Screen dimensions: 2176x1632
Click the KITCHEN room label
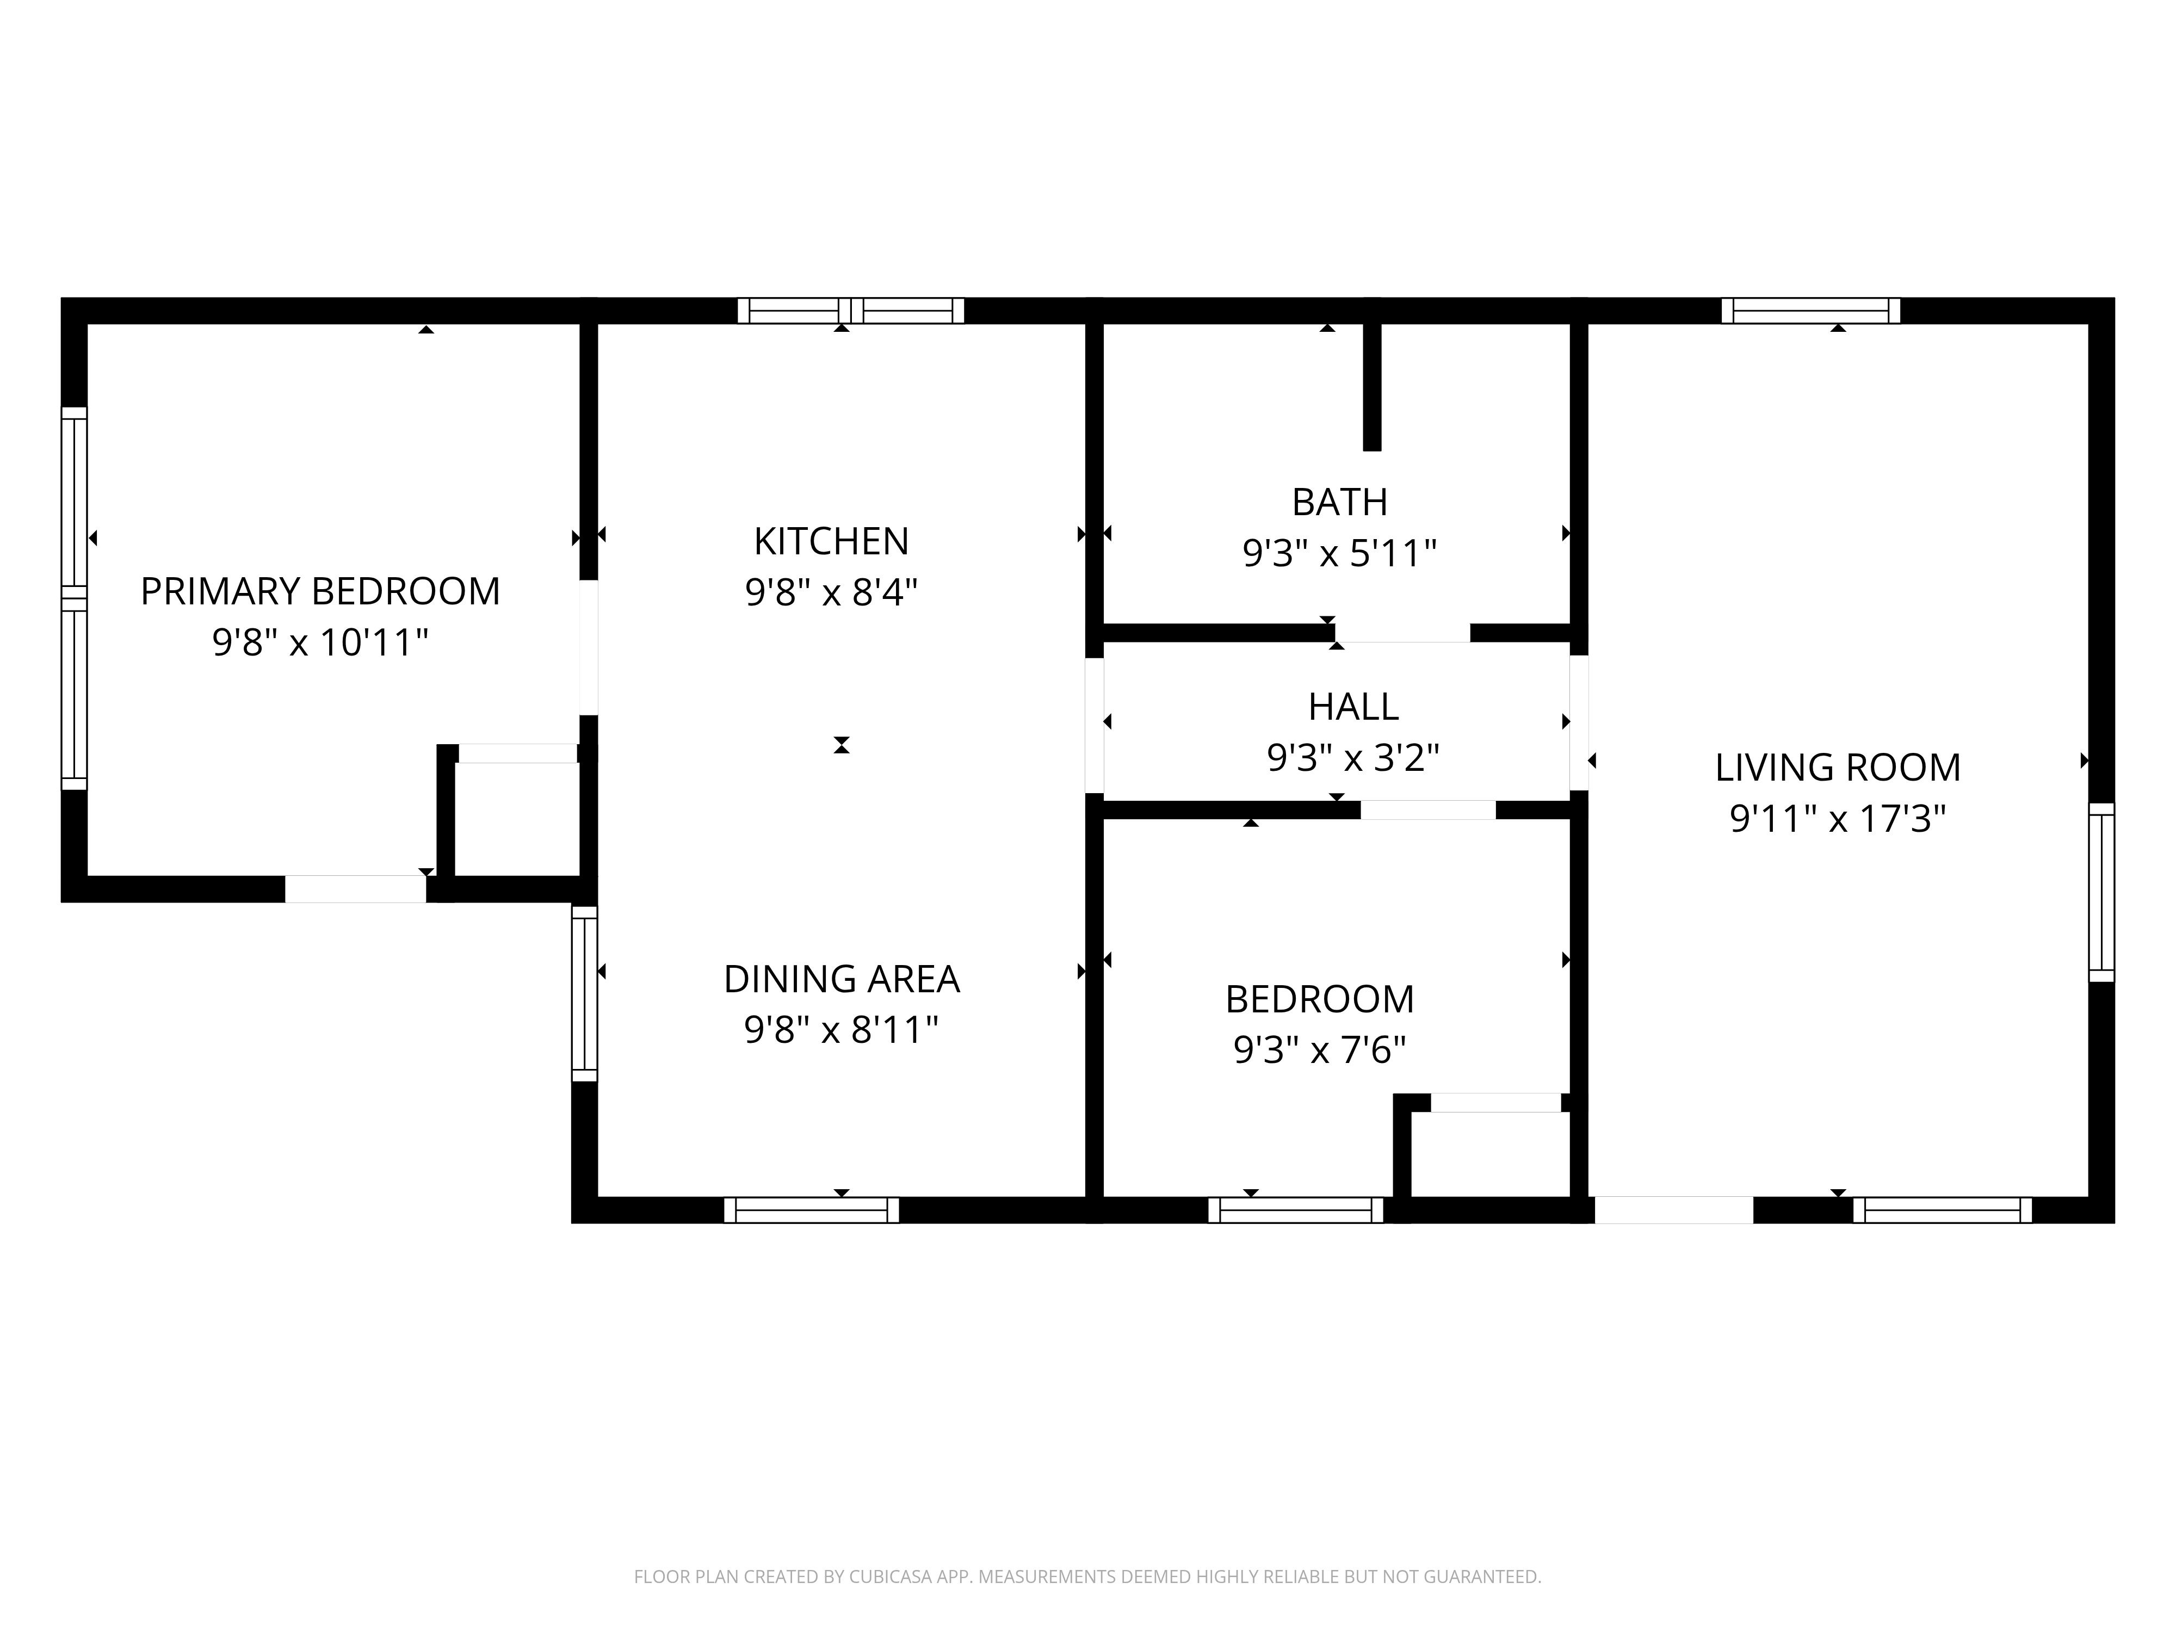[x=831, y=541]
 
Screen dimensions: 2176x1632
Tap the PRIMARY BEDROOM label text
[x=321, y=591]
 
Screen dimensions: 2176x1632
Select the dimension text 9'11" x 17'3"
[x=1838, y=819]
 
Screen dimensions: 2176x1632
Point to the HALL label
[x=1352, y=706]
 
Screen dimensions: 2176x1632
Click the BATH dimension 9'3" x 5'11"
[x=1340, y=554]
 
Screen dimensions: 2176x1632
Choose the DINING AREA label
[x=841, y=979]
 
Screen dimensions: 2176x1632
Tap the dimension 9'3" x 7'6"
[x=1319, y=1050]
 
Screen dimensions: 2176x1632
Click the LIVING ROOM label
[x=1838, y=767]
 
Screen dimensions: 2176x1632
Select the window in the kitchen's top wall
[x=851, y=311]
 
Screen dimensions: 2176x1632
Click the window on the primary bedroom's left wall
[x=75, y=598]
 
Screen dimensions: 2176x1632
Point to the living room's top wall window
[x=1811, y=311]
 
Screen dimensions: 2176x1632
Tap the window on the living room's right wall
[x=2101, y=892]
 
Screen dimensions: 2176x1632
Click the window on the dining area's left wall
[x=584, y=993]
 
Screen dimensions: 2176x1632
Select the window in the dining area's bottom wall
[x=812, y=1210]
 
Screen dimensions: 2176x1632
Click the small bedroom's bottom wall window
[x=1296, y=1210]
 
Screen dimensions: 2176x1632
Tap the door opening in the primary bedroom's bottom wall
[x=355, y=889]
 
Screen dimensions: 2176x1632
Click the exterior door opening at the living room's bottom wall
[x=1673, y=1210]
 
